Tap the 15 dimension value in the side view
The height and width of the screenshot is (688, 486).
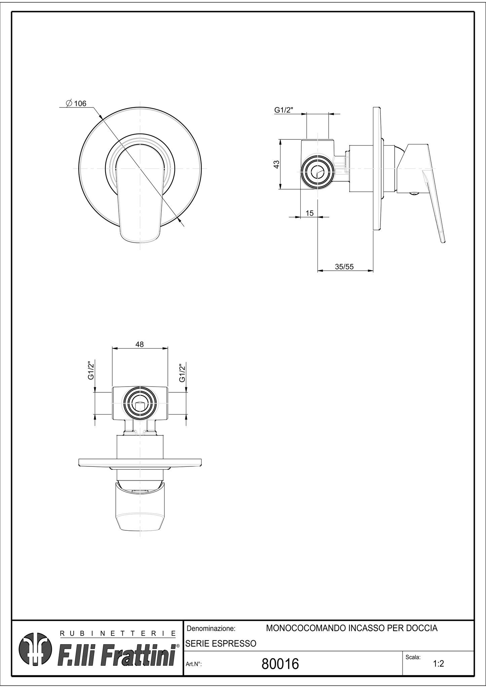[309, 213]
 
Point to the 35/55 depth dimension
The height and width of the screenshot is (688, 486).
[344, 267]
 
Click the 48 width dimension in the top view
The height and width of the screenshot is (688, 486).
[139, 344]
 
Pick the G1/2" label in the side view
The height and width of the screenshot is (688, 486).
[284, 110]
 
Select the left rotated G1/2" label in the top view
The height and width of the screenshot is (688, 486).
[91, 370]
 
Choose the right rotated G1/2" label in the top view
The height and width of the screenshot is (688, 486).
[182, 373]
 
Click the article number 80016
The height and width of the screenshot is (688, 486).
[280, 664]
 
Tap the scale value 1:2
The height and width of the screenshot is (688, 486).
[438, 663]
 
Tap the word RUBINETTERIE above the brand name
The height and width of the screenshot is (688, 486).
[117, 633]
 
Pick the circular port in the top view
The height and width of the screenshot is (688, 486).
[140, 403]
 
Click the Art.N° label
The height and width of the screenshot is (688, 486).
[193, 664]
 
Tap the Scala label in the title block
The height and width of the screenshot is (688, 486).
[413, 657]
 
